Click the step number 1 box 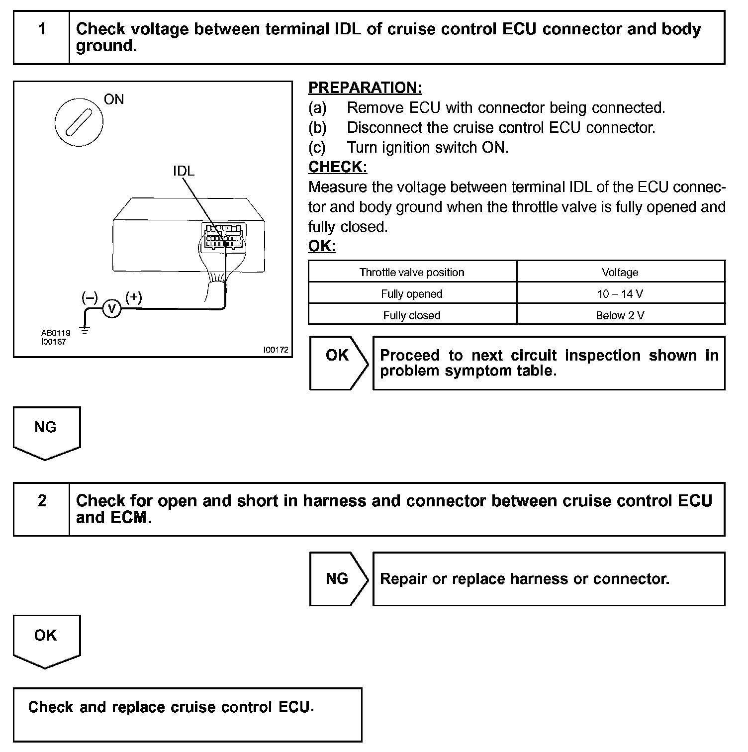(42, 38)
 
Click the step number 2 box (42, 509)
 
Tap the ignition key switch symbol (79, 122)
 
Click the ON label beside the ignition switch (114, 99)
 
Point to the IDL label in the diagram (184, 171)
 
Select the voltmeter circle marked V (112, 309)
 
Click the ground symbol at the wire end (85, 329)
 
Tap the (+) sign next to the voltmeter (133, 297)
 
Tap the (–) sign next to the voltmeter (90, 297)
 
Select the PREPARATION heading (365, 88)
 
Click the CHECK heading (338, 167)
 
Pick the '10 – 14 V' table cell (620, 294)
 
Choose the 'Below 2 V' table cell (620, 315)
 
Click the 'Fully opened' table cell (412, 294)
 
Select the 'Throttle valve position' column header (412, 273)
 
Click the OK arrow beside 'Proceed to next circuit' (338, 363)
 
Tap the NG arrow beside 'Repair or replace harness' (338, 579)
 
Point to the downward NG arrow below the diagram (46, 432)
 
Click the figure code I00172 (276, 350)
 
